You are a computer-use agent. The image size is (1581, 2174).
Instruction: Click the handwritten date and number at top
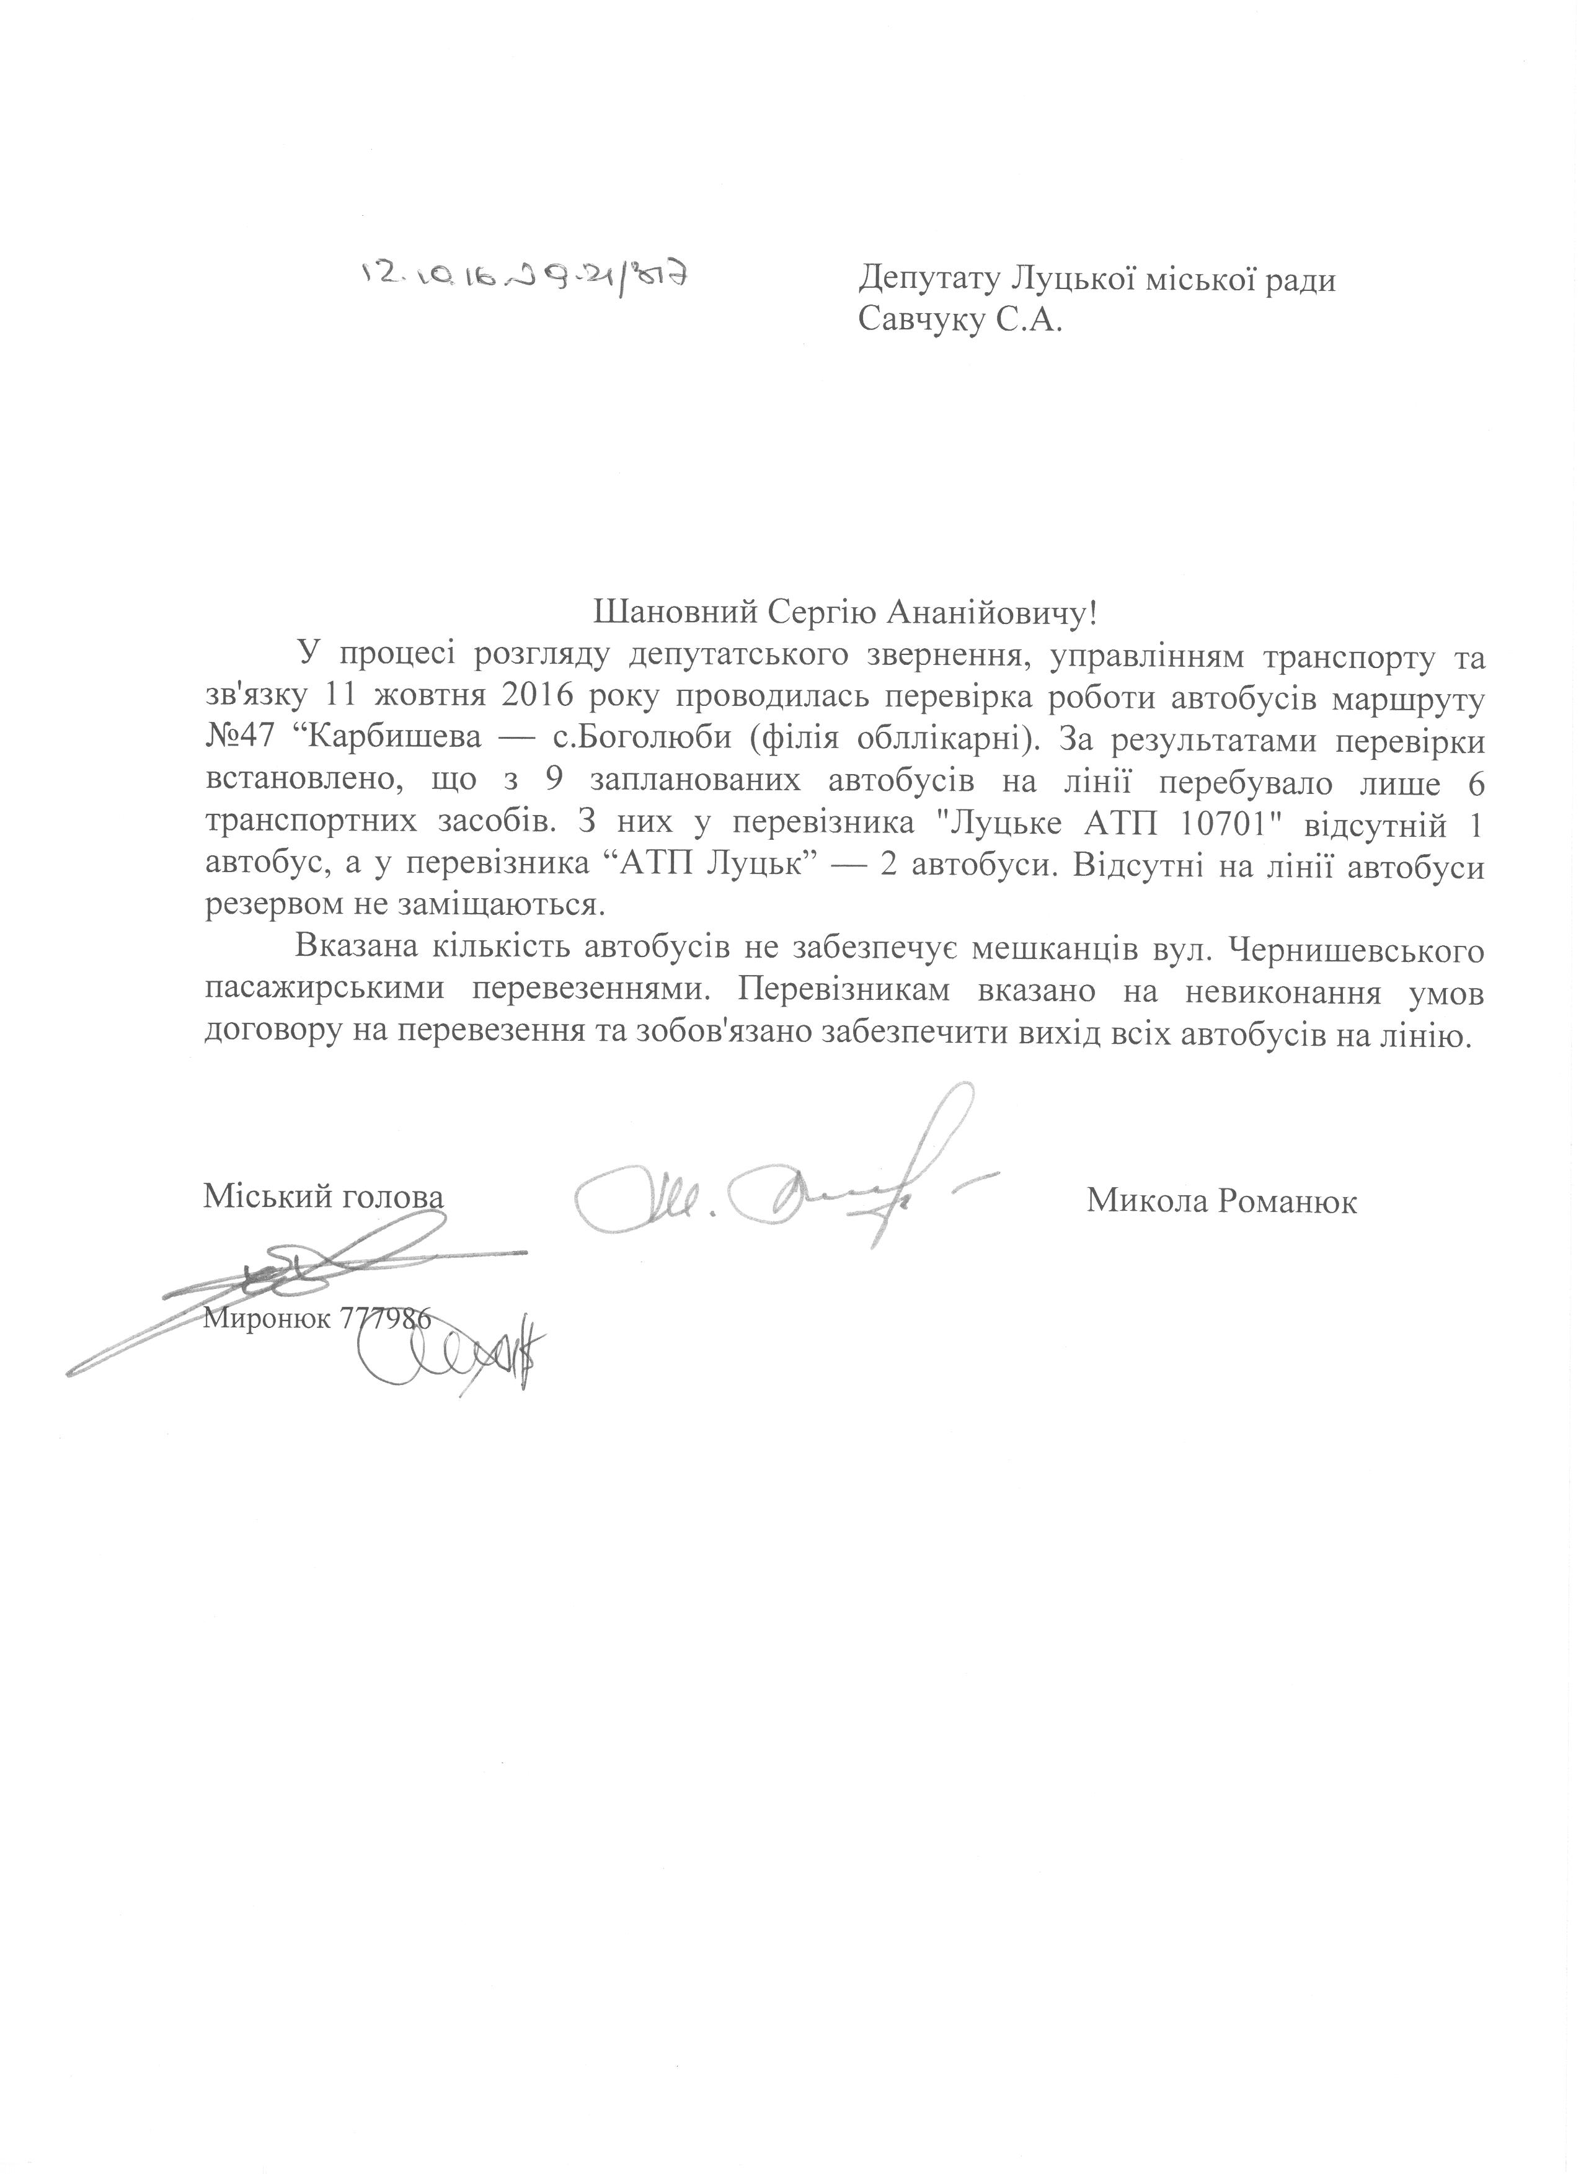(525, 276)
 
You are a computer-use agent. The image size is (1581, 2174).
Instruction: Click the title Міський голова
(324, 1198)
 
